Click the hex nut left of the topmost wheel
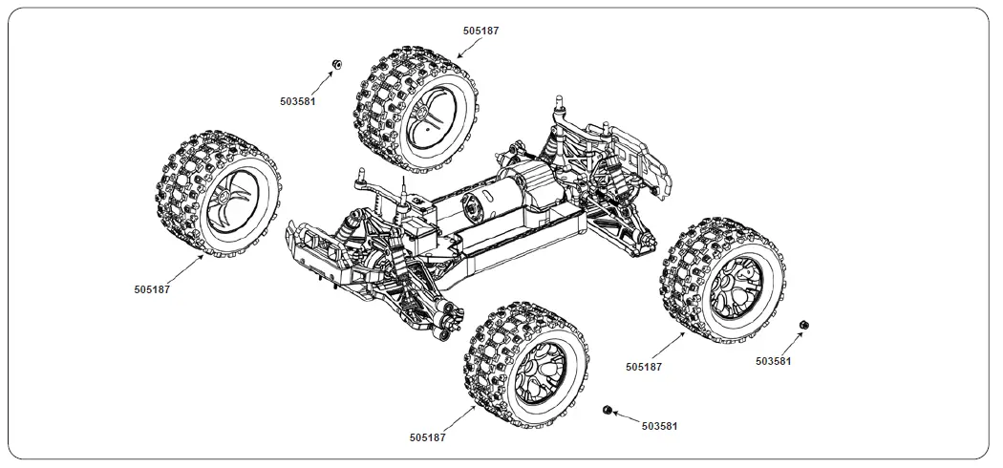point(336,63)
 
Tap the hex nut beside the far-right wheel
point(804,326)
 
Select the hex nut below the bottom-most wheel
point(608,410)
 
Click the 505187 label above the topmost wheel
point(480,31)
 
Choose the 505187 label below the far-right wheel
point(644,366)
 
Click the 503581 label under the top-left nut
point(298,100)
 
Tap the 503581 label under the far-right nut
point(773,361)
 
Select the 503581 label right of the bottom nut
point(659,426)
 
